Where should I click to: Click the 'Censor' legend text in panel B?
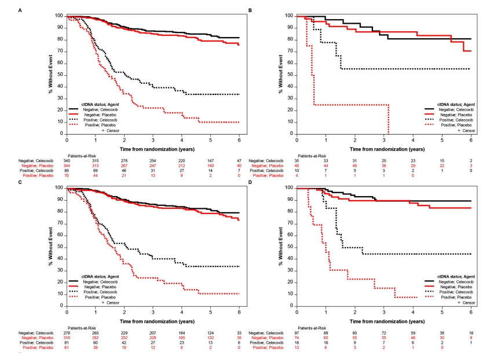click(x=466, y=130)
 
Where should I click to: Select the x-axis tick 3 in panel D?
click(x=384, y=311)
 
